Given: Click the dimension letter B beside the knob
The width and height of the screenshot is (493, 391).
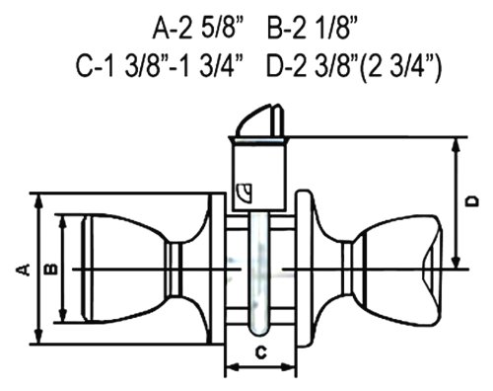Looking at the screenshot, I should pos(47,267).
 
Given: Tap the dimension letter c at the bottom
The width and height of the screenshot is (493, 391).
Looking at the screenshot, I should pos(258,352).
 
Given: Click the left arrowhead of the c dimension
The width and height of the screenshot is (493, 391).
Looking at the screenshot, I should pos(230,369).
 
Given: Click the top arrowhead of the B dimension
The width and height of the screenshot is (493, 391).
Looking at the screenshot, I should pos(64,220).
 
